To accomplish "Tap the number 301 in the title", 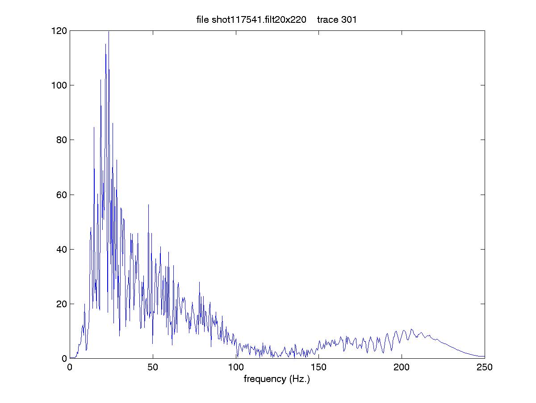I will tap(350, 20).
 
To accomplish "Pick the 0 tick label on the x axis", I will tap(70, 367).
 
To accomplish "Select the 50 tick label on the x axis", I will tap(153, 367).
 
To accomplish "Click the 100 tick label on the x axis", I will tap(236, 367).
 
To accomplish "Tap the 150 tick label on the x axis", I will tap(319, 367).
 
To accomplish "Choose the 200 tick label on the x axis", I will tap(402, 367).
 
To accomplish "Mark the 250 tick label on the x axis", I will tap(485, 367).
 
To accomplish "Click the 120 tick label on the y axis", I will tap(59, 31).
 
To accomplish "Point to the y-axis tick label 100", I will tap(59, 85).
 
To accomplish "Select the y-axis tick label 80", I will tap(61, 140).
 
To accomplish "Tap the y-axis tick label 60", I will tap(61, 195).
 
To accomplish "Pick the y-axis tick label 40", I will tap(61, 249).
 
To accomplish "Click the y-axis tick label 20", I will tap(61, 304).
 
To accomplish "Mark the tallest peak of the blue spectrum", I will tap(109, 32).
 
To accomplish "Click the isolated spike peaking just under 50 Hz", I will tap(148, 205).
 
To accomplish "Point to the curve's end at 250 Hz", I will tap(484, 356).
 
